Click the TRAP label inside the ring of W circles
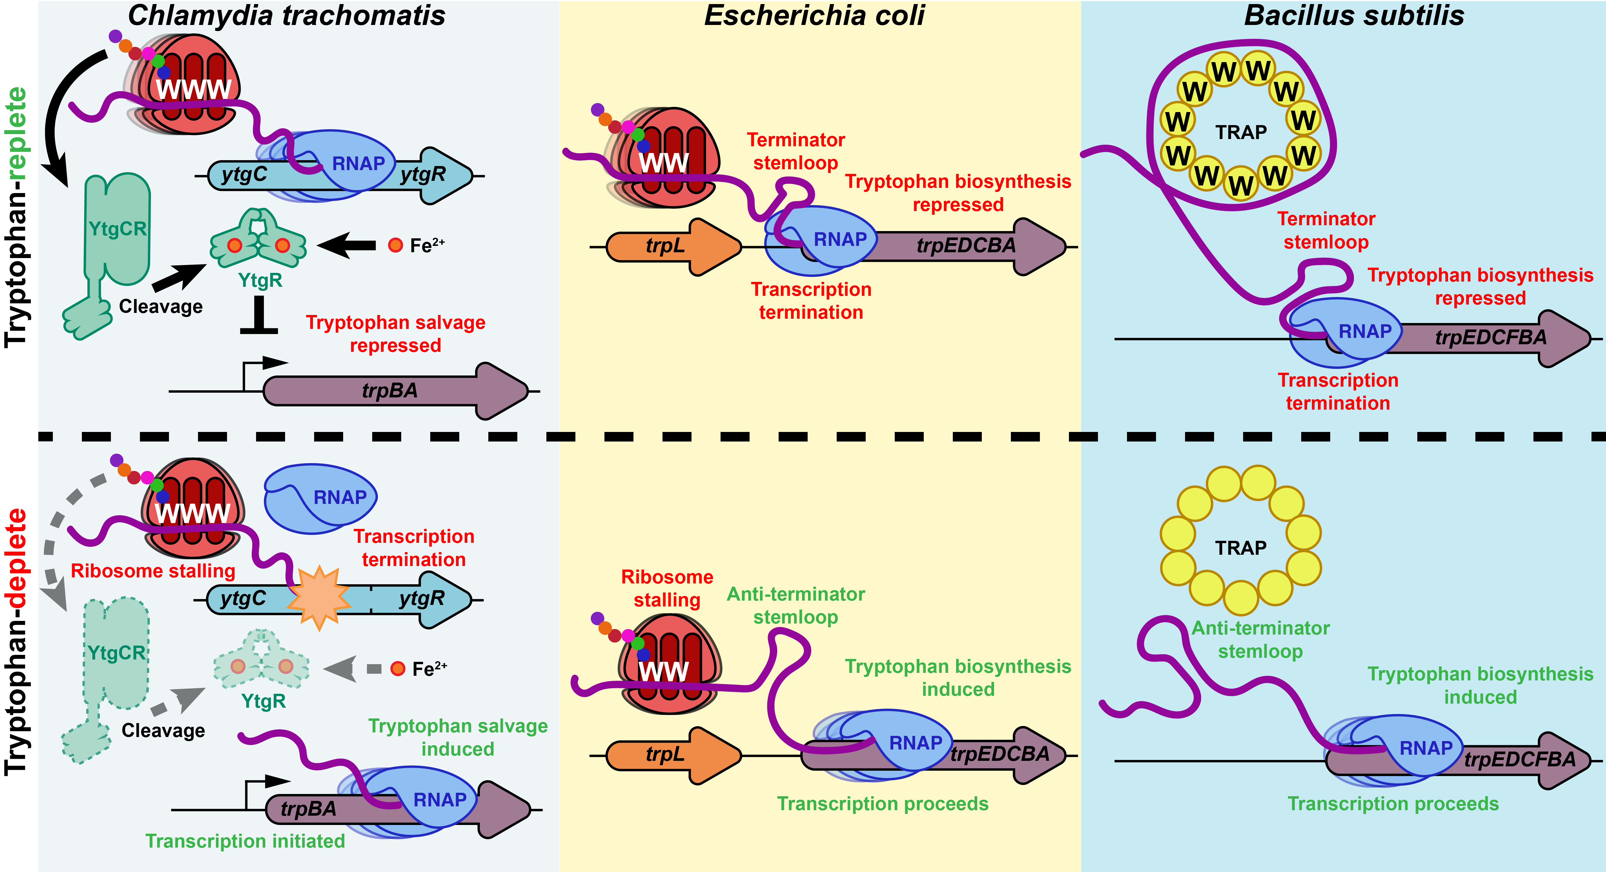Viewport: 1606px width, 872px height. tap(1241, 132)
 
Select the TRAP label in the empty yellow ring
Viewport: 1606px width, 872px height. tap(1241, 548)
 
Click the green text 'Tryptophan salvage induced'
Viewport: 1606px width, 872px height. tap(458, 737)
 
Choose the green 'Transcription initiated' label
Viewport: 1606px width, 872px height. tap(245, 841)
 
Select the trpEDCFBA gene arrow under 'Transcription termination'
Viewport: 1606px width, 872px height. tap(1490, 338)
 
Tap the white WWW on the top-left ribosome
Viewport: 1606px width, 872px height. tap(193, 89)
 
